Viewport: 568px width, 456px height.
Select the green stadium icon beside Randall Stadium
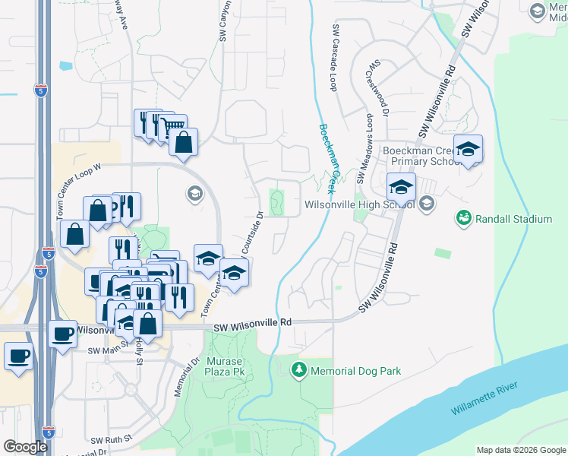(463, 219)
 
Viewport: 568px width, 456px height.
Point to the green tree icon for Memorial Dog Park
(299, 370)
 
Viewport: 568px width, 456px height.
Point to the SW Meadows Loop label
(370, 144)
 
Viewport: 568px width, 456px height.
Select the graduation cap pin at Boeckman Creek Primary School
(469, 148)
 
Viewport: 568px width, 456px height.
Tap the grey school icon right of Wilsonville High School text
(427, 203)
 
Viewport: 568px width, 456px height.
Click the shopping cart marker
(174, 126)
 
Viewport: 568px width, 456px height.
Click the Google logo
(25, 447)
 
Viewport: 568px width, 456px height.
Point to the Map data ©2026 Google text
(520, 450)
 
